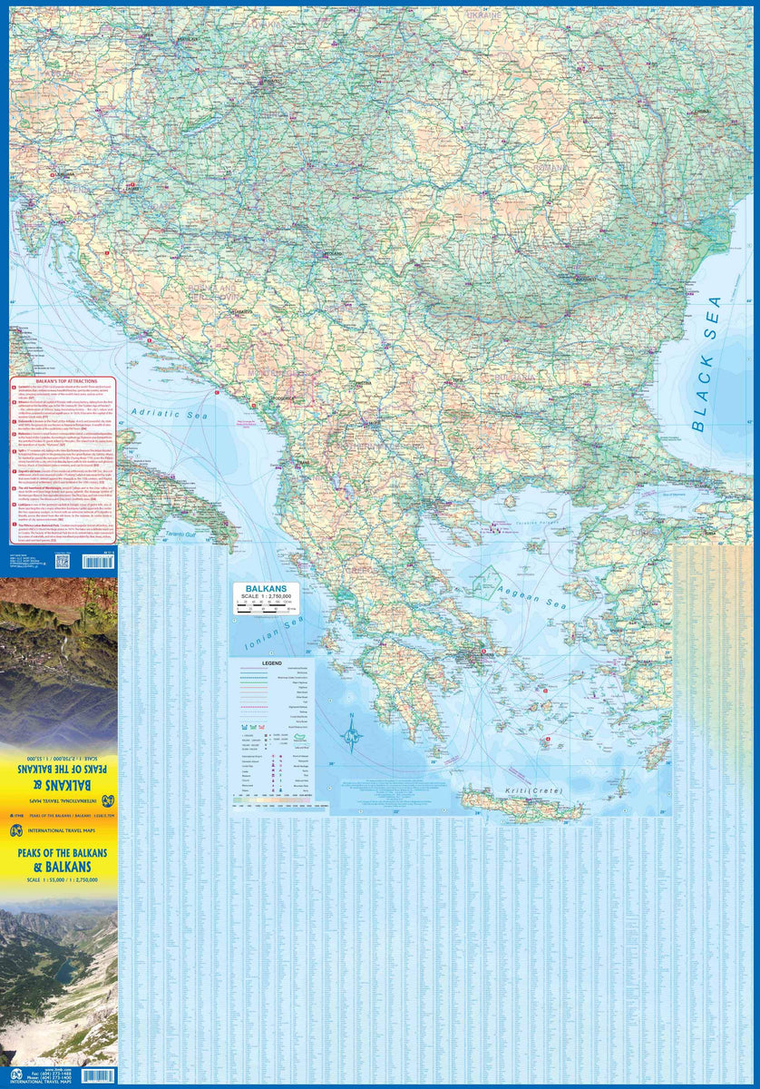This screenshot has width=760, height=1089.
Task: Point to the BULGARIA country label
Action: click(x=512, y=375)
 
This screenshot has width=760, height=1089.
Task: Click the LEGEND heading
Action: click(x=274, y=663)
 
